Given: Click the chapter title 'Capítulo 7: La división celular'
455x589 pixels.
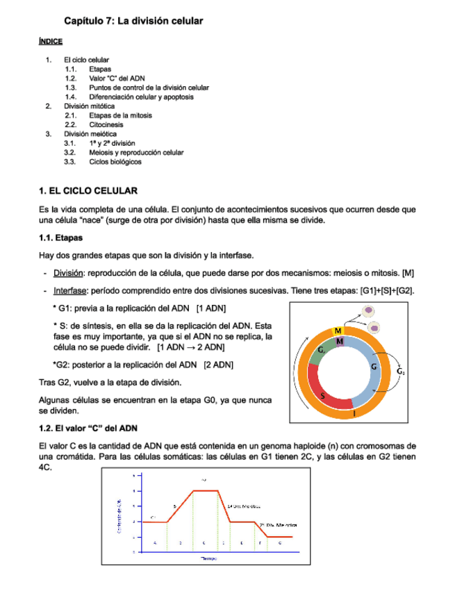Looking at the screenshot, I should [133, 22].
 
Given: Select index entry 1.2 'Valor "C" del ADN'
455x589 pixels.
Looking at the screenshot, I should [117, 78].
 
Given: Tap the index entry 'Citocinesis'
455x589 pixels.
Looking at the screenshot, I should [106, 124].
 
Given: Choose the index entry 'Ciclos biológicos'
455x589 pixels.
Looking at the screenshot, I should [115, 162].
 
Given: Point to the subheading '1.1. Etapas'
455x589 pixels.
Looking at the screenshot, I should [63, 238].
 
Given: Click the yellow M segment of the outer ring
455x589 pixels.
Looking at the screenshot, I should [338, 330].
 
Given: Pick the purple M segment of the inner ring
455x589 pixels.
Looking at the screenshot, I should [339, 341].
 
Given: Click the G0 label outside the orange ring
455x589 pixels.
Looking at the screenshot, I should [402, 372].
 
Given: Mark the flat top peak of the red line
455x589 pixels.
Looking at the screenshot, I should [204, 491].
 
